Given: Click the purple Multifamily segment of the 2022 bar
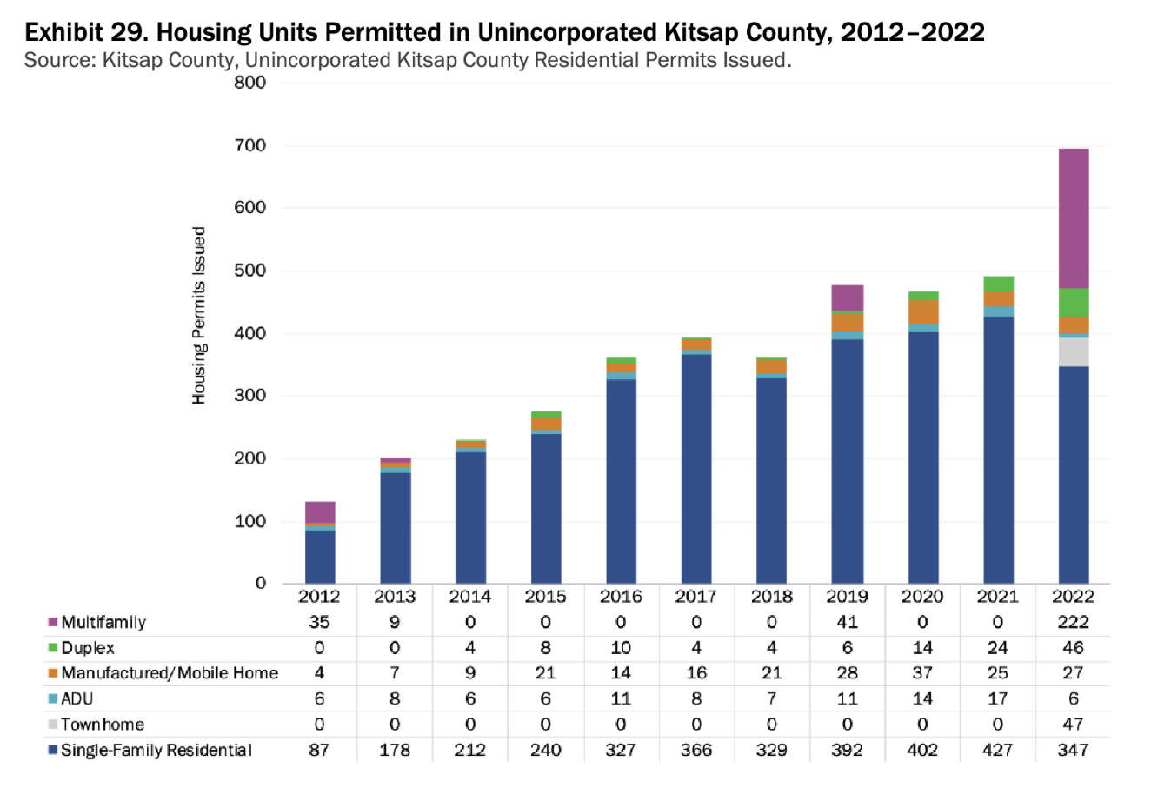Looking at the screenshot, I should pyautogui.click(x=1073, y=218).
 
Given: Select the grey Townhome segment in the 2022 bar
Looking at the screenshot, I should pyautogui.click(x=1073, y=351).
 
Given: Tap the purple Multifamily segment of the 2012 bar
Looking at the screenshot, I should pyautogui.click(x=320, y=511).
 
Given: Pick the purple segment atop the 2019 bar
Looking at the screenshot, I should pyautogui.click(x=847, y=297).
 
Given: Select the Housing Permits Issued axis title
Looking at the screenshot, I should pyautogui.click(x=199, y=316).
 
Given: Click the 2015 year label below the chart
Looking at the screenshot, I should pyautogui.click(x=545, y=597).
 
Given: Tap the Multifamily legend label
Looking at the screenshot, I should pyautogui.click(x=103, y=622).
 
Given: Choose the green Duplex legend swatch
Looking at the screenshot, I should pyautogui.click(x=53, y=648).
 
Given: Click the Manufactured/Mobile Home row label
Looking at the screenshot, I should pyautogui.click(x=170, y=673).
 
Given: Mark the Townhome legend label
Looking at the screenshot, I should pyautogui.click(x=103, y=725).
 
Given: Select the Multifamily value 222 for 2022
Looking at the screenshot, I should pyautogui.click(x=1073, y=622).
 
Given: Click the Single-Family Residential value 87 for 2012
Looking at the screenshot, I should pyautogui.click(x=319, y=750).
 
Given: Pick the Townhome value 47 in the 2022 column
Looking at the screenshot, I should pyautogui.click(x=1073, y=725).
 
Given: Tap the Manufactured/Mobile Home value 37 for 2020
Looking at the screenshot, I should pyautogui.click(x=922, y=673).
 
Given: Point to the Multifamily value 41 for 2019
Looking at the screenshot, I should pyautogui.click(x=847, y=622).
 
